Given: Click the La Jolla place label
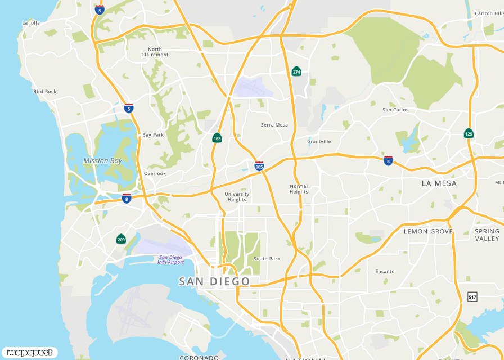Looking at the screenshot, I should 31,23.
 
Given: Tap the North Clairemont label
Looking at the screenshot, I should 155,52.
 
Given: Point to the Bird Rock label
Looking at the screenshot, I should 45,91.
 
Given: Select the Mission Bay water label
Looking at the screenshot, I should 103,161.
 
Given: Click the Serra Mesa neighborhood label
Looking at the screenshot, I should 274,125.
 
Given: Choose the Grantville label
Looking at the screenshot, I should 319,141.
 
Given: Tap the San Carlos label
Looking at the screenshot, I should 395,110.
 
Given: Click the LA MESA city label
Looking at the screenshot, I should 439,183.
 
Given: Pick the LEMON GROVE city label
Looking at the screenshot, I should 428,231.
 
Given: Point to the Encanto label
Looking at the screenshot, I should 385,271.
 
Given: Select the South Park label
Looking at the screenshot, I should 267,259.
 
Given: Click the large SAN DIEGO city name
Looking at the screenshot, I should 214,281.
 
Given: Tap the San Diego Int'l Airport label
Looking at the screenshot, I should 171,260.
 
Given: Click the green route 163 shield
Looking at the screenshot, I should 217,138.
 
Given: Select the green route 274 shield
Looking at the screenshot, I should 296,71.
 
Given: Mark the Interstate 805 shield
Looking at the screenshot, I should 259,166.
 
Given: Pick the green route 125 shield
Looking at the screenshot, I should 469,133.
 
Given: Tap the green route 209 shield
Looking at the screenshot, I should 121,239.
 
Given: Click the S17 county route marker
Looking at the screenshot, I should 472,296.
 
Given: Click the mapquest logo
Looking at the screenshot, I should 29,353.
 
